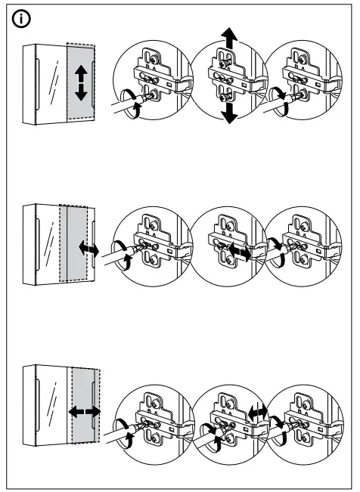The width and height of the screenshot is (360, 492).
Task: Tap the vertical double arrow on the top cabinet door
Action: pyautogui.click(x=82, y=83)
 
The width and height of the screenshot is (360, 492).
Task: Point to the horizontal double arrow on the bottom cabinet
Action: pyautogui.click(x=84, y=412)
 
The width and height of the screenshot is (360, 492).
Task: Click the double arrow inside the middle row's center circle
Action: pyautogui.click(x=238, y=252)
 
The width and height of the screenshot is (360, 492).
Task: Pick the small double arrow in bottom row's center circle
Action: pyautogui.click(x=257, y=412)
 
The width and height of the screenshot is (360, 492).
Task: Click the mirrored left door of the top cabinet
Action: pyautogui.click(x=50, y=83)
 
